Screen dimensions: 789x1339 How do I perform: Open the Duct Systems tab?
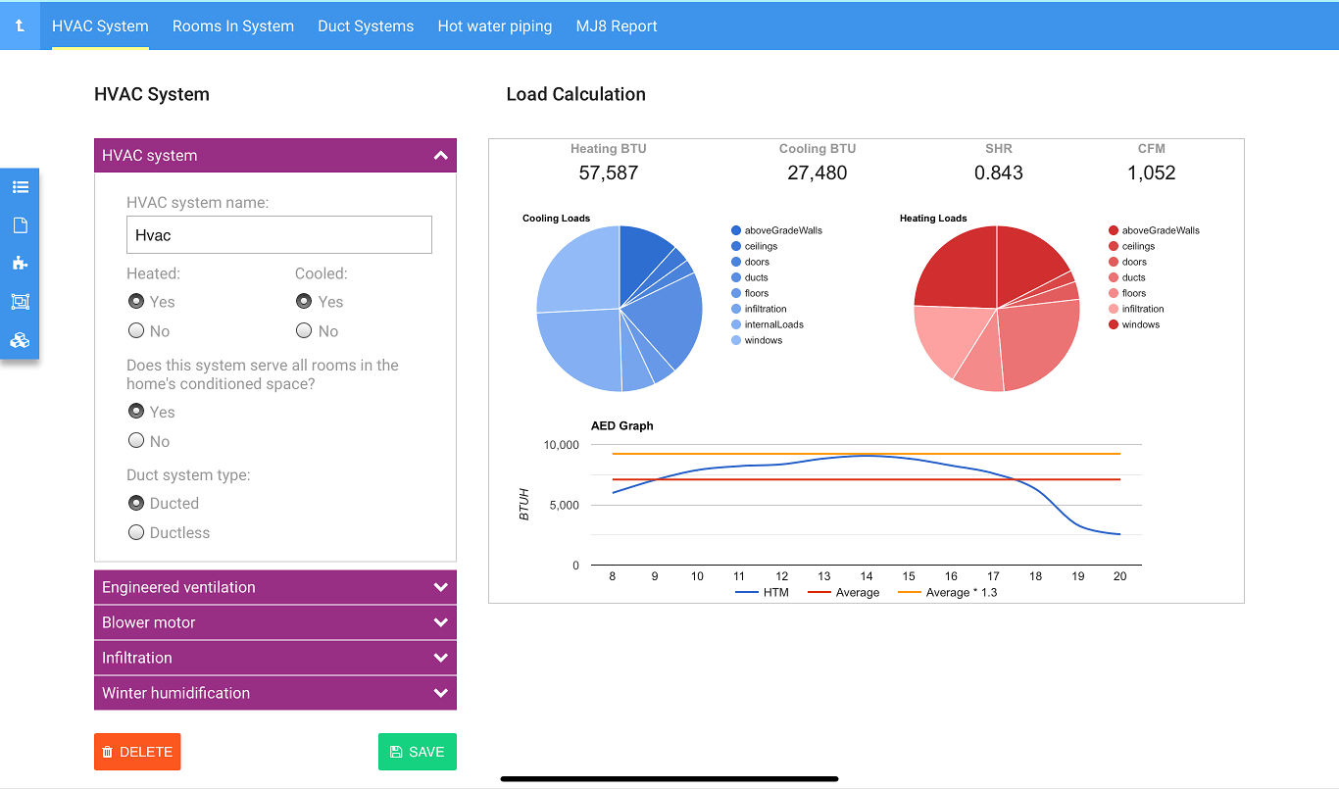[366, 26]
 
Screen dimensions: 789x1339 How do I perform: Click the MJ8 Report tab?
[617, 26]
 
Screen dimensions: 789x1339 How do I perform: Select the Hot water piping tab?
[494, 26]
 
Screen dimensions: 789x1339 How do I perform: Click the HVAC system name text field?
[278, 235]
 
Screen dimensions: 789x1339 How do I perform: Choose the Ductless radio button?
[137, 533]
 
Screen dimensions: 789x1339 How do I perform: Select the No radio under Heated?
[137, 331]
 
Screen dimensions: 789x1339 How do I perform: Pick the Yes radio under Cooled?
[304, 302]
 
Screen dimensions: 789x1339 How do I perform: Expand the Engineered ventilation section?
[274, 587]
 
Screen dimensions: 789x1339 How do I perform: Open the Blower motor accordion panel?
[274, 622]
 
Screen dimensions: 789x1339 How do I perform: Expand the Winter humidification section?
[274, 693]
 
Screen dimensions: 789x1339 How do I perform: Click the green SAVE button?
[417, 752]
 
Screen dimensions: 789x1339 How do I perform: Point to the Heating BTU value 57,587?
[608, 173]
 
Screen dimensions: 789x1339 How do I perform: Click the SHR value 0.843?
[998, 173]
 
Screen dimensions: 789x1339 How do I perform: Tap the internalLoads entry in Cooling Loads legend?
[772, 324]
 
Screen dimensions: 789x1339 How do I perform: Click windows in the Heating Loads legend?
[1140, 324]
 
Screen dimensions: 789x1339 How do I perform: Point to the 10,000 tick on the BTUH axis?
[562, 445]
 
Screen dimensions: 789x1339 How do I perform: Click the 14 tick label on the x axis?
[867, 576]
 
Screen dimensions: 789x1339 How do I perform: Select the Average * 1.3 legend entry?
[961, 593]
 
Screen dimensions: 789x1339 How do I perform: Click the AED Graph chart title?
[621, 426]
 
